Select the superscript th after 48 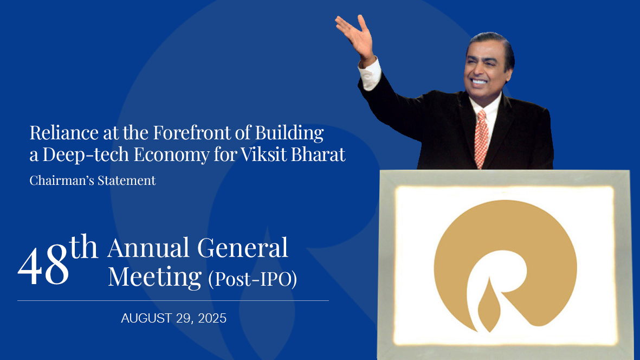[x=84, y=248]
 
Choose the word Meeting [x=154, y=277]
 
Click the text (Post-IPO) [x=252, y=278]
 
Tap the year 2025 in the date [x=208, y=318]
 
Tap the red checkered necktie [x=481, y=138]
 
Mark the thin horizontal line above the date [x=173, y=300]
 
